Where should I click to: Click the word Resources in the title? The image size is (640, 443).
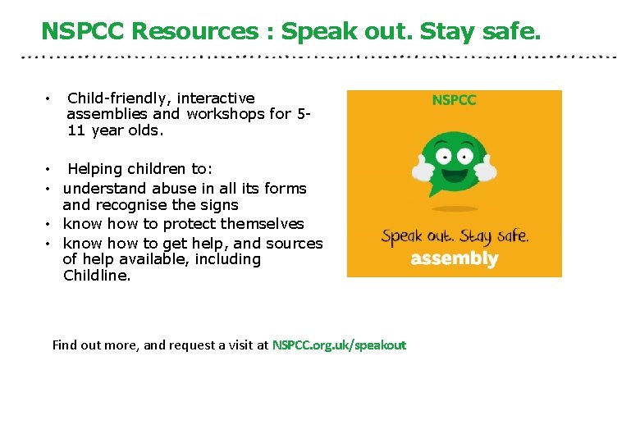[194, 31]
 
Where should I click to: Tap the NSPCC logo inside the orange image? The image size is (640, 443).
[454, 100]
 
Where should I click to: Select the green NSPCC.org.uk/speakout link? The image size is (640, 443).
[339, 345]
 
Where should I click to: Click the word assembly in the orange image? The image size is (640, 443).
[454, 258]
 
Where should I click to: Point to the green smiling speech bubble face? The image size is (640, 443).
[454, 161]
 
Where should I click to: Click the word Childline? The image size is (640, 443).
[96, 276]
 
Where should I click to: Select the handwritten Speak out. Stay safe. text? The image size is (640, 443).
[455, 236]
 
